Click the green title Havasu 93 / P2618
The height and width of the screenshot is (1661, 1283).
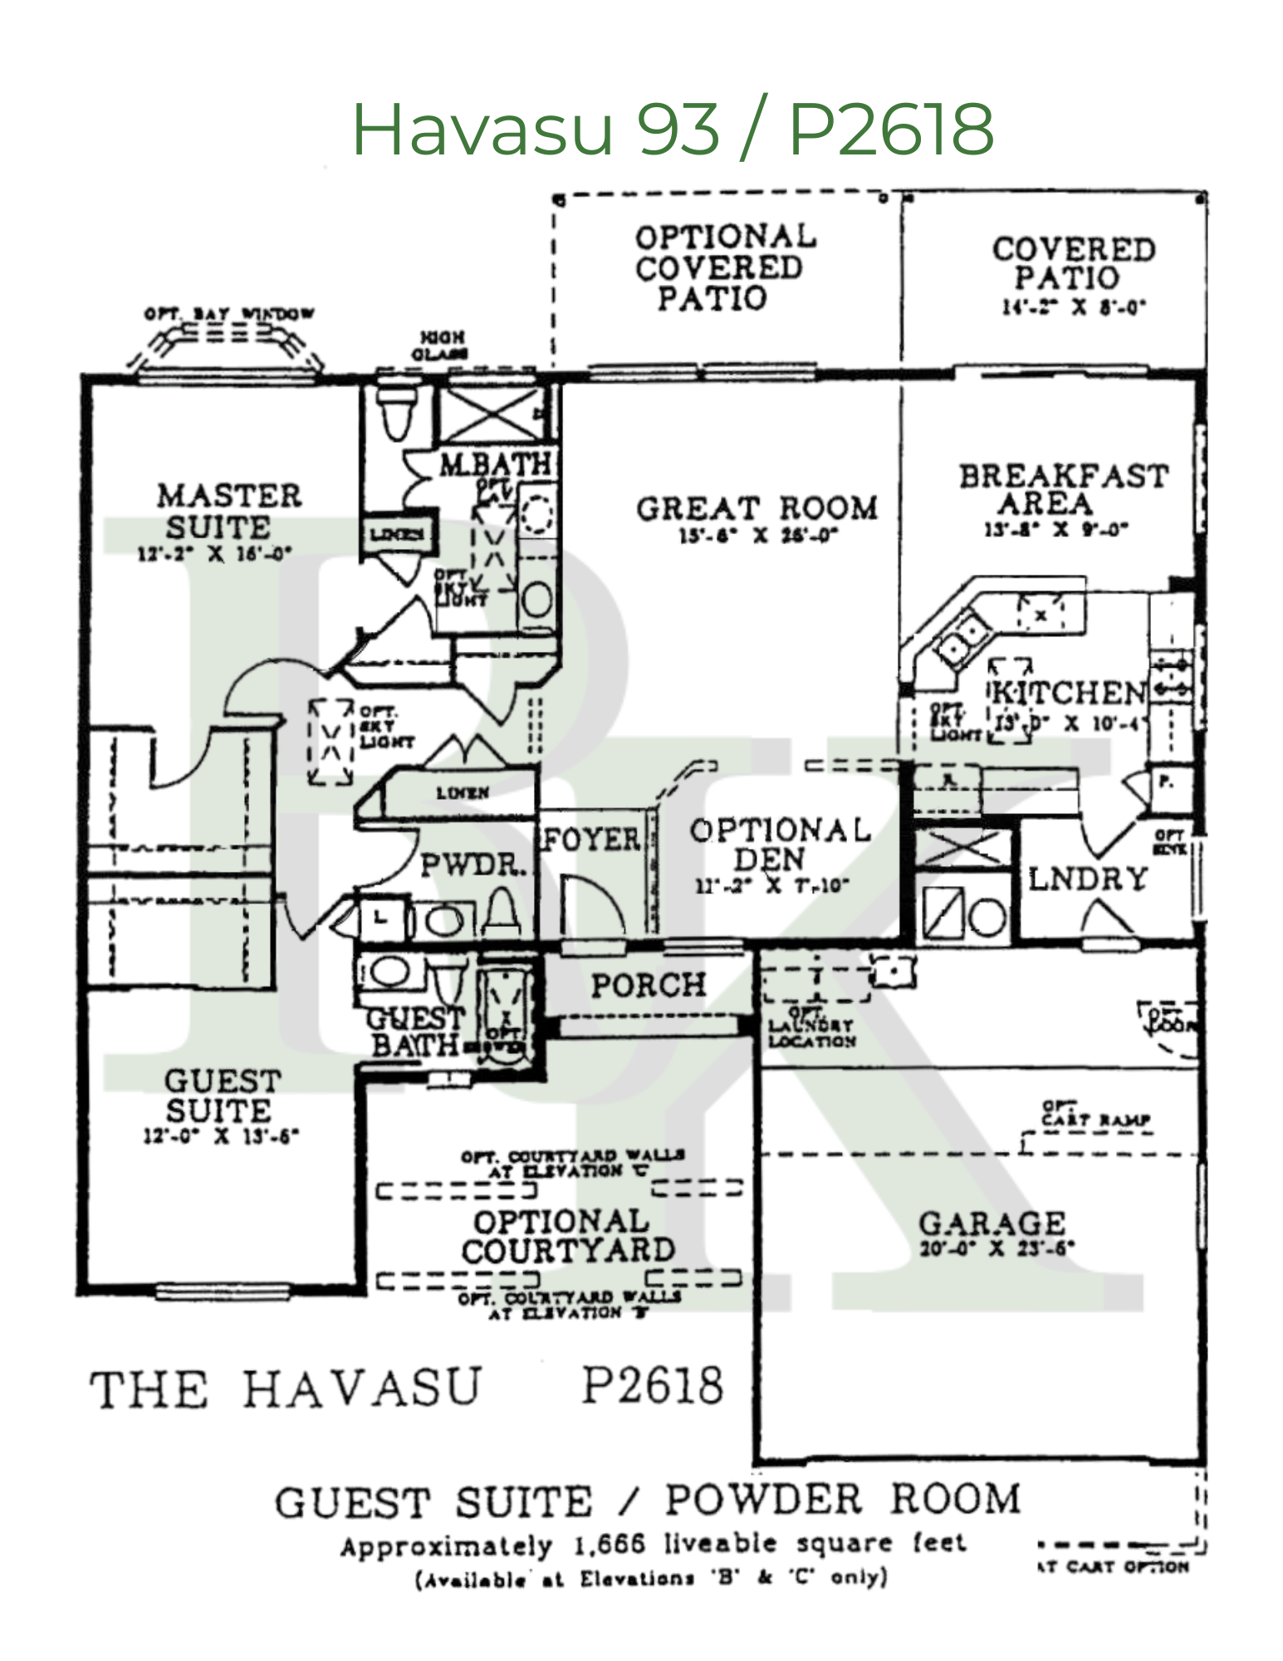click(x=673, y=129)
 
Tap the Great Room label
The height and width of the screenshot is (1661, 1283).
click(x=757, y=508)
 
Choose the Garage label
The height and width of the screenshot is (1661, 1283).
click(x=992, y=1222)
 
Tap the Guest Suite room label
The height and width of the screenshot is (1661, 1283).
click(x=221, y=1095)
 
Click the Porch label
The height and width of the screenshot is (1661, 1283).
click(x=649, y=985)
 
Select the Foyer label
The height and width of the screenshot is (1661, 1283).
click(x=592, y=840)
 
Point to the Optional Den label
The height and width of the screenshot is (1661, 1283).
click(x=779, y=844)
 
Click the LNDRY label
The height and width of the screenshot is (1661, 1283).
click(x=1088, y=879)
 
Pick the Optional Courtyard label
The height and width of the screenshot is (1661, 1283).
click(x=566, y=1236)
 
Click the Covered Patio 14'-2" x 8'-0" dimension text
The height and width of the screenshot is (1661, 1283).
click(x=1074, y=307)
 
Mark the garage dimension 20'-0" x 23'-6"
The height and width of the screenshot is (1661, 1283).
click(x=997, y=1248)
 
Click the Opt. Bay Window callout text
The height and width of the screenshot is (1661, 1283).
click(x=229, y=314)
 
